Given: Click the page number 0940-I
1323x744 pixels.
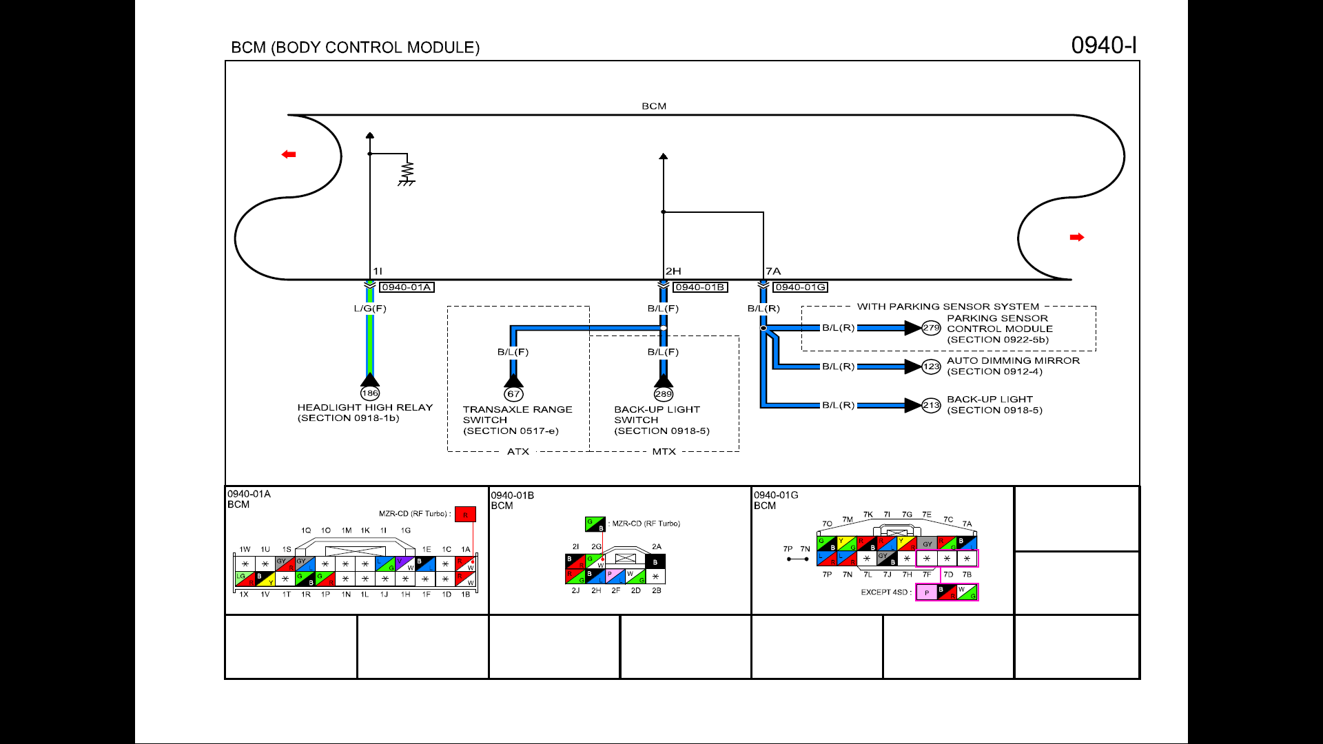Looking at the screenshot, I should [x=1103, y=45].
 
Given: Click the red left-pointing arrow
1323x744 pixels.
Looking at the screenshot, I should [x=289, y=154].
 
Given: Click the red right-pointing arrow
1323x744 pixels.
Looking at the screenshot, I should [x=1077, y=237].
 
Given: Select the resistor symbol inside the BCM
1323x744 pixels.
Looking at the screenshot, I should [x=407, y=169].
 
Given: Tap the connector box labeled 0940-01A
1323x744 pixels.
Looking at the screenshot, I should [x=407, y=287].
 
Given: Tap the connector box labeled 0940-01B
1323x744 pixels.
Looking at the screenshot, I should [x=699, y=287].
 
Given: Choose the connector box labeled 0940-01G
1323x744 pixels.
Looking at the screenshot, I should [x=799, y=287].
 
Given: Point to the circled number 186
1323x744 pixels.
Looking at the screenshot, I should [x=370, y=393].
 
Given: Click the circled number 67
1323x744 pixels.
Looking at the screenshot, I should [x=513, y=394].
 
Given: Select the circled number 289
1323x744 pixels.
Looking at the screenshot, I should [x=664, y=394].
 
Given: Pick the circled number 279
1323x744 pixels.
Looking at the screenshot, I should [x=932, y=328].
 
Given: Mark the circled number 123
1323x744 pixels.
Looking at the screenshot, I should [x=932, y=366].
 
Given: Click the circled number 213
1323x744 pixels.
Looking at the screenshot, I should [x=932, y=405].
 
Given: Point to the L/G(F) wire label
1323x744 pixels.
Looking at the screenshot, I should [x=370, y=309].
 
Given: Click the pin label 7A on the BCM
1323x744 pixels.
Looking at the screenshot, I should [x=773, y=271].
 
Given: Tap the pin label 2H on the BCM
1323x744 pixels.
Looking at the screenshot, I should [x=673, y=271].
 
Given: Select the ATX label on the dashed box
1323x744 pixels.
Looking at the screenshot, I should [x=518, y=452].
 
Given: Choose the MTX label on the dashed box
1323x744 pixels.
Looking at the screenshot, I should [x=664, y=452].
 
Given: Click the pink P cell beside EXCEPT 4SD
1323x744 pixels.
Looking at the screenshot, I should [x=927, y=592].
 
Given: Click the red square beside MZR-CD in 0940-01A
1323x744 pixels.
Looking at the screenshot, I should [x=465, y=515].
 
